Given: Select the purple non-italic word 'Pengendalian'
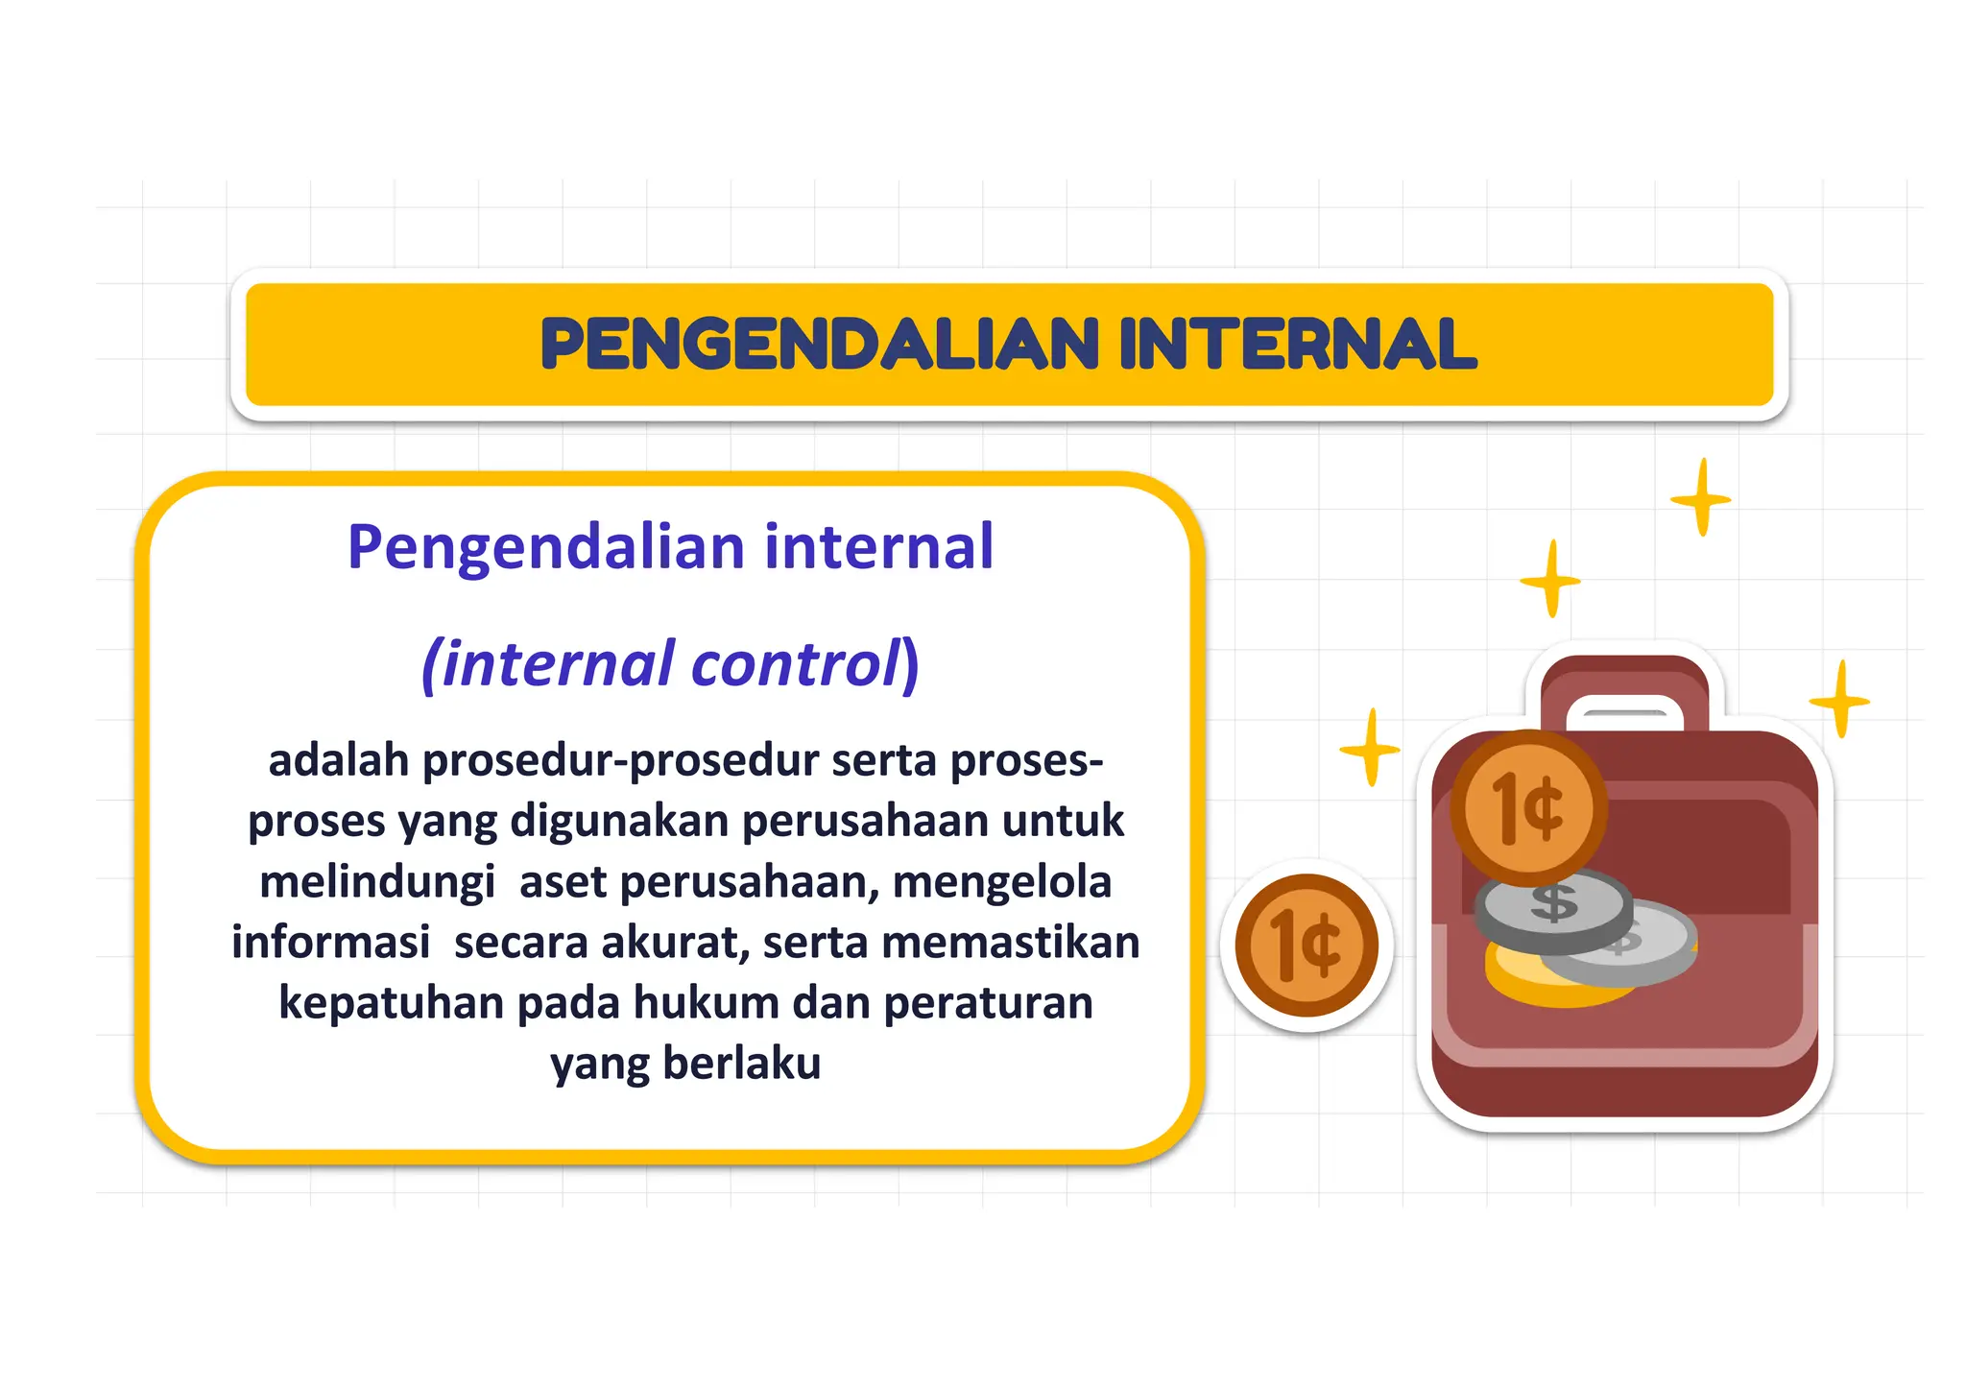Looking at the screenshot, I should tap(545, 547).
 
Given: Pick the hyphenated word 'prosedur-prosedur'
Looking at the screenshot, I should tap(620, 760).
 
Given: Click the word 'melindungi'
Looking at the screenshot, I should tap(377, 881).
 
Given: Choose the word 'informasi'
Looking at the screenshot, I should tap(330, 942).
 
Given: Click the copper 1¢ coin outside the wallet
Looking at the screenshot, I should tap(1307, 946).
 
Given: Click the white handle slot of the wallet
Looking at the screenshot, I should tap(1624, 714).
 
